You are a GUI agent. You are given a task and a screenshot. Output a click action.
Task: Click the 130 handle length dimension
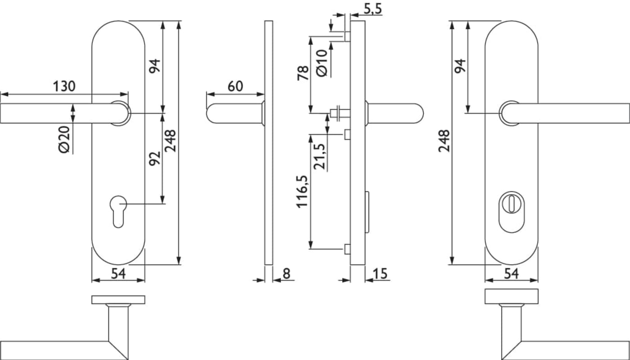(x=64, y=86)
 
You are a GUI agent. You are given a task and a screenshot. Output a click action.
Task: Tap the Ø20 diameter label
(x=64, y=139)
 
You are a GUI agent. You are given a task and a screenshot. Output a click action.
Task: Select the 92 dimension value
(x=154, y=158)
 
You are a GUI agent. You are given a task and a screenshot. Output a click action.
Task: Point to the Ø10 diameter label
(x=322, y=63)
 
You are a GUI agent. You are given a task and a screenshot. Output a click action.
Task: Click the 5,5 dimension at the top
(x=373, y=9)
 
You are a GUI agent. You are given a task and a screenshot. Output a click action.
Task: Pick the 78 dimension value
(x=303, y=73)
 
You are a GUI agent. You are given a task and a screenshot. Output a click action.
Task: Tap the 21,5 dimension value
(x=319, y=157)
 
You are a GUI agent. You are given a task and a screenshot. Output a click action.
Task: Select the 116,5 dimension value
(x=302, y=192)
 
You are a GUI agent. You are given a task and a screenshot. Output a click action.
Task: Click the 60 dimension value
(x=235, y=86)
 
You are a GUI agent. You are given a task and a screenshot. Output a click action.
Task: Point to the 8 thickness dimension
(x=286, y=274)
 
